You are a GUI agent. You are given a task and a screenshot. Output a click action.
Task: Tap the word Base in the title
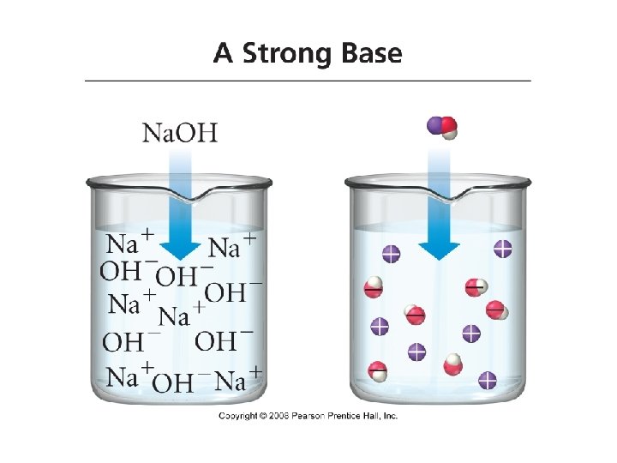coord(369,54)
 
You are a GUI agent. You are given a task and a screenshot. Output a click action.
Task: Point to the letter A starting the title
coord(223,54)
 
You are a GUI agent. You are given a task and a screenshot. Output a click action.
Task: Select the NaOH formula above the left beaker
coord(179,133)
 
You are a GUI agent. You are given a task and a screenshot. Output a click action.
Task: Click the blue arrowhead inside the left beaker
coord(179,248)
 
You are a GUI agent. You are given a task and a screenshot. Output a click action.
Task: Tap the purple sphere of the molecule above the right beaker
coord(435,126)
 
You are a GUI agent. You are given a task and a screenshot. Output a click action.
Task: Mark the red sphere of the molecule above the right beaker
coord(446,124)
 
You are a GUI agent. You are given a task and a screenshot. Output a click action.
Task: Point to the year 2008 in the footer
coord(281,416)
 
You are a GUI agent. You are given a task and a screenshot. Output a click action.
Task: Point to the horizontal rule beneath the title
coord(308,81)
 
